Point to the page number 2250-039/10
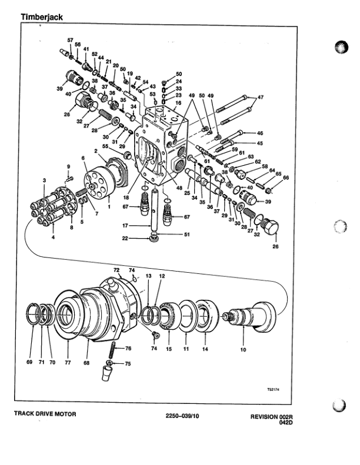click(x=191, y=416)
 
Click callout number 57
click(x=71, y=40)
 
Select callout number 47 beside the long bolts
click(x=261, y=97)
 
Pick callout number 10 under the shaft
click(x=243, y=350)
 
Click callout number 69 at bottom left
click(x=29, y=363)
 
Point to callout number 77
click(x=68, y=363)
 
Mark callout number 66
click(x=286, y=178)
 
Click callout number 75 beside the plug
click(x=128, y=364)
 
